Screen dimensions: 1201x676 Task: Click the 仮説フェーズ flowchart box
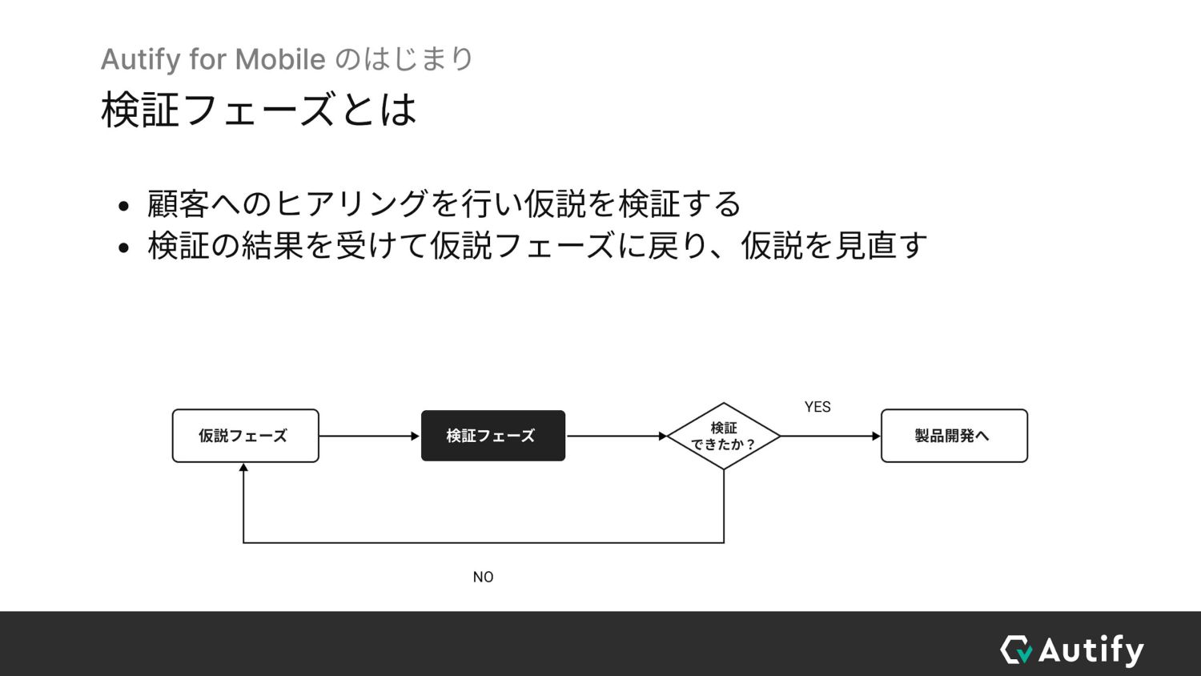coord(245,436)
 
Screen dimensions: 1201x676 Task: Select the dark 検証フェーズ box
coord(492,436)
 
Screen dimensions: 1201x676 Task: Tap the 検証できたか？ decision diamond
coord(724,436)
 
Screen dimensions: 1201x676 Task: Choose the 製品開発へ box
coord(954,436)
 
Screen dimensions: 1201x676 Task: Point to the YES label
coord(817,407)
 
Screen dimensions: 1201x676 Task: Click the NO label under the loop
coord(483,577)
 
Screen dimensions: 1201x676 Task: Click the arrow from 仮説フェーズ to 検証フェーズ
coord(368,436)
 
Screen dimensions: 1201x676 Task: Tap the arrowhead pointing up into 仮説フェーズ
coord(243,468)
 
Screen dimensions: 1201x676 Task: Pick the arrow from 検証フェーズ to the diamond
coord(616,436)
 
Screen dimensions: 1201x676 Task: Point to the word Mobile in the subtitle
coord(280,59)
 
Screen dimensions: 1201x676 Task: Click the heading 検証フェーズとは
coord(259,110)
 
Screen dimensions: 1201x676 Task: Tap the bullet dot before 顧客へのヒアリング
coord(123,207)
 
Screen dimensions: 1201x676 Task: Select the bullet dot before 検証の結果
coord(123,247)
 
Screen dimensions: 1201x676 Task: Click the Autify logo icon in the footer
coord(1017,650)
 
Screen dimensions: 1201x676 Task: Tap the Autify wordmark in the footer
coord(1091,650)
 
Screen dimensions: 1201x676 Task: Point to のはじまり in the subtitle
coord(404,59)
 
